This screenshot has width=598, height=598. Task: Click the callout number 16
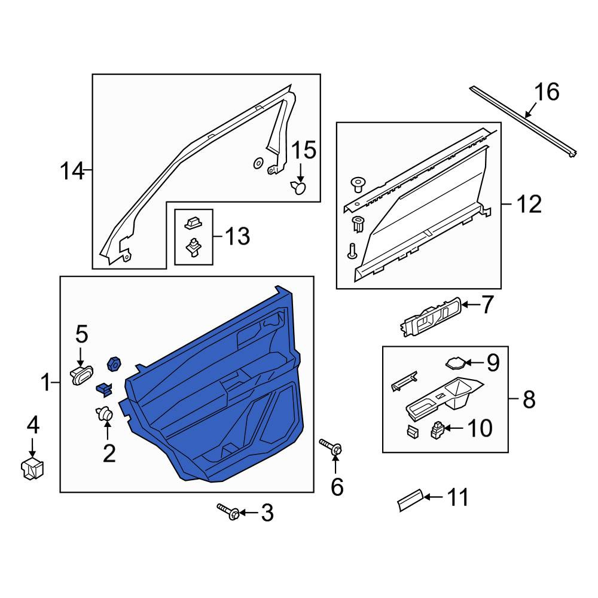tap(547, 92)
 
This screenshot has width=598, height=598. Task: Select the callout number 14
tap(72, 170)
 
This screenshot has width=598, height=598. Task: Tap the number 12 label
tap(529, 204)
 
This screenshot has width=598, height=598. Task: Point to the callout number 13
tap(237, 236)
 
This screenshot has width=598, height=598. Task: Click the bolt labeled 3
tap(228, 512)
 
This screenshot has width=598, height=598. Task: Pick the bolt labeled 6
tap(331, 447)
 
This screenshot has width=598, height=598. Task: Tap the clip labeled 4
tap(32, 469)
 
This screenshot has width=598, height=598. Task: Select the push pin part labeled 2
tap(104, 414)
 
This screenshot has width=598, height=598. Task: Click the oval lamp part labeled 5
tap(81, 375)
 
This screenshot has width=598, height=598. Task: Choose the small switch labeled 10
tap(438, 430)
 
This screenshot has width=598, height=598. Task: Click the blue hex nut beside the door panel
tap(114, 364)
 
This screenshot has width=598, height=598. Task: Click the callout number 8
tap(529, 399)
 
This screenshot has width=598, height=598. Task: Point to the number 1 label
tap(46, 382)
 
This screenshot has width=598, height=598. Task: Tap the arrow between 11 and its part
tap(433, 496)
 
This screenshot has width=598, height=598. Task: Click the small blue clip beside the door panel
tap(104, 389)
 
